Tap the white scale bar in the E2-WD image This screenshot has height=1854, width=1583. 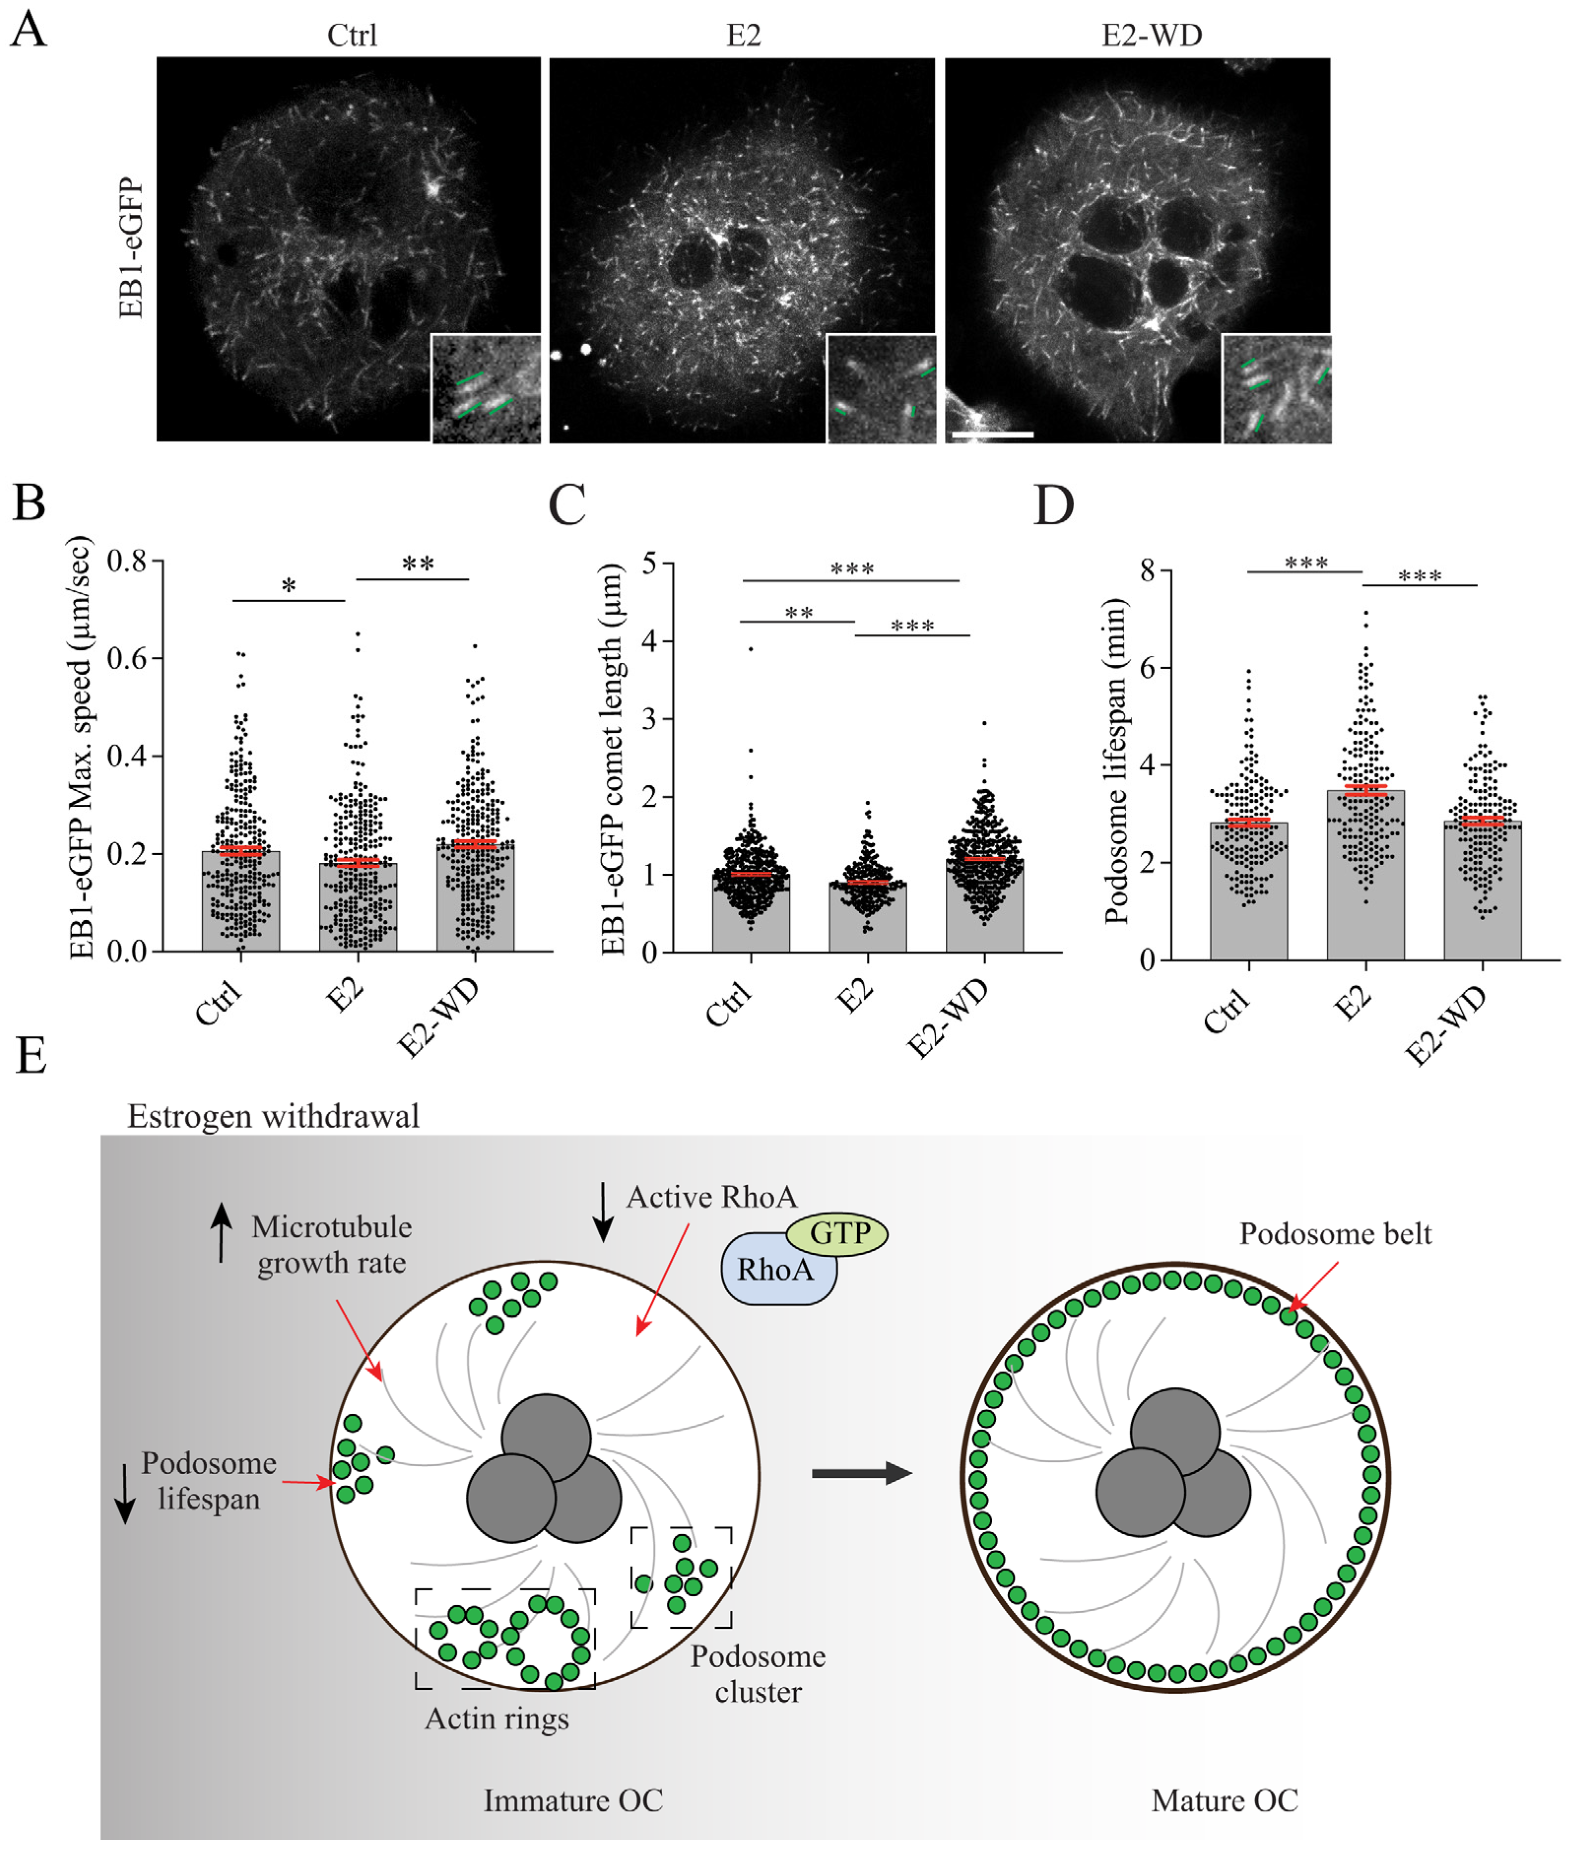[992, 435]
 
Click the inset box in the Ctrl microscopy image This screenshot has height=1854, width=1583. [486, 388]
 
